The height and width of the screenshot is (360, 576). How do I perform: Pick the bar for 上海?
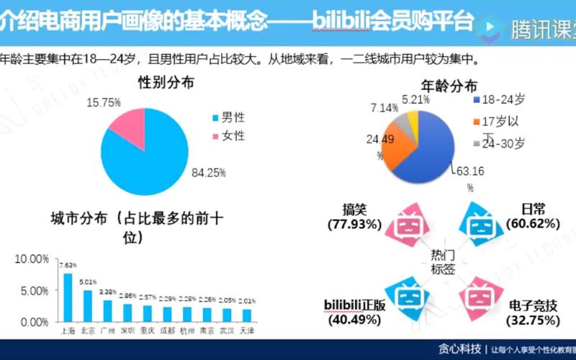pyautogui.click(x=68, y=297)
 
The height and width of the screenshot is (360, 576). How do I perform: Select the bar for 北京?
pyautogui.click(x=88, y=305)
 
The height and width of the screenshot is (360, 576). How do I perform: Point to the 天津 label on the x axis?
pyautogui.click(x=247, y=330)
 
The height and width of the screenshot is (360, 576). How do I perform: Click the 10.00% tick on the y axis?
pyautogui.click(x=32, y=258)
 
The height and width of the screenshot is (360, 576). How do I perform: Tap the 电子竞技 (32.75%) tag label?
pyautogui.click(x=532, y=312)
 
